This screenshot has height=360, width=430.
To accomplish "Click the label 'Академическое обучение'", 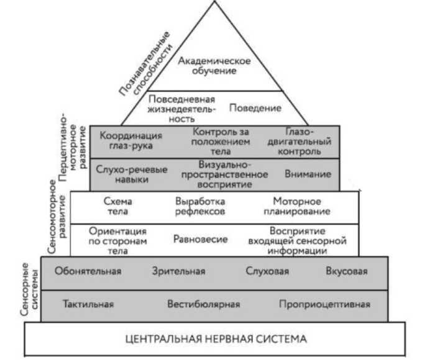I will click(x=214, y=66).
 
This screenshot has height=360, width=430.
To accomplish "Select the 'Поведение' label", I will click(x=255, y=108).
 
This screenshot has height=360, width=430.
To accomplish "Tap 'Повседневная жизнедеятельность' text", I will click(x=182, y=108).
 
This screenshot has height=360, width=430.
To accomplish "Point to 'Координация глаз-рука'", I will click(x=131, y=141).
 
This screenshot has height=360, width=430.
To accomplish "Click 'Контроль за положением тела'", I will click(x=221, y=141).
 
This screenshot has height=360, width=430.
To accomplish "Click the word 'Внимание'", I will click(x=308, y=174).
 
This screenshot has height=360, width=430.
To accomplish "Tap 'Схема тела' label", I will click(x=117, y=207).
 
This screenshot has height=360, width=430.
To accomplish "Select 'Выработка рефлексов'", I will click(x=200, y=207).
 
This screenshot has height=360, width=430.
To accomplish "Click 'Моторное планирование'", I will click(x=297, y=207).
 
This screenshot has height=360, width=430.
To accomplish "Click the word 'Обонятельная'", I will click(x=88, y=271).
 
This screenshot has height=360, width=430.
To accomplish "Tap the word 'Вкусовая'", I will click(x=347, y=271).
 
